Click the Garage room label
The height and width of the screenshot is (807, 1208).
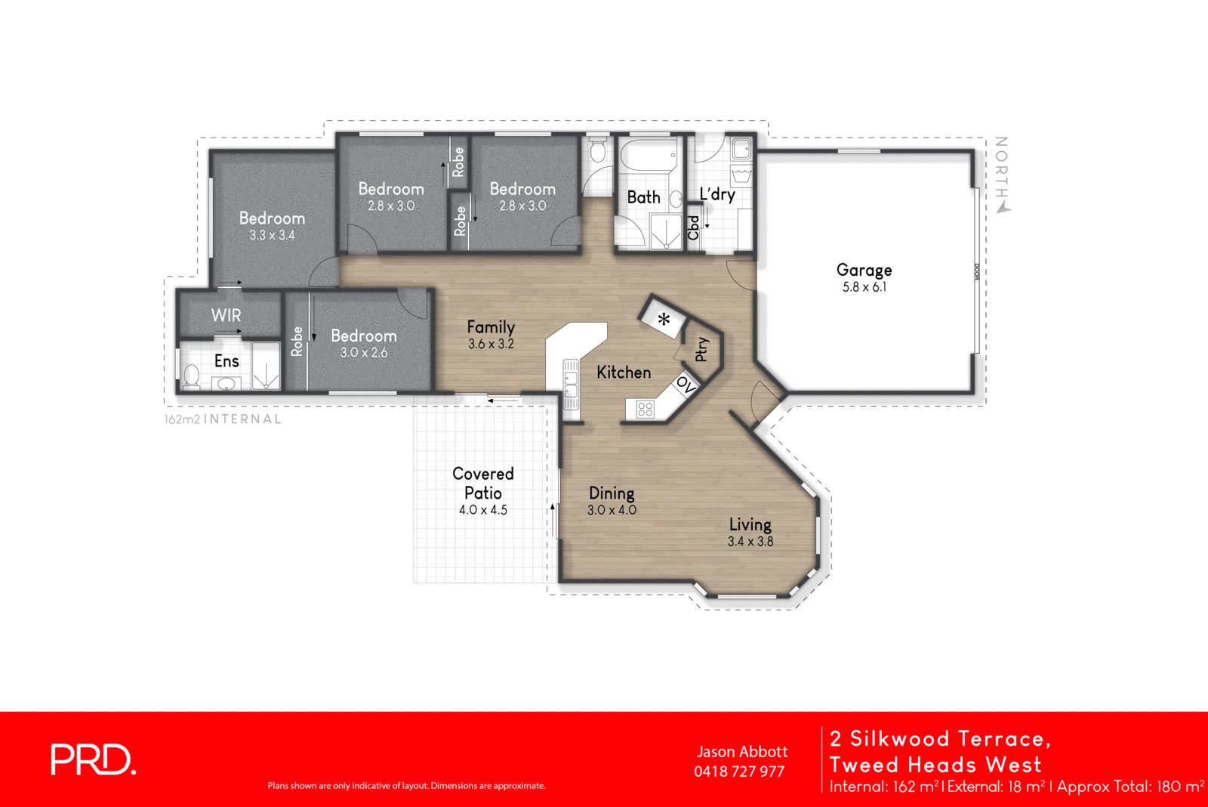pyautogui.click(x=864, y=270)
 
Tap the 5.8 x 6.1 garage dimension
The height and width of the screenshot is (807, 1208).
pyautogui.click(x=864, y=287)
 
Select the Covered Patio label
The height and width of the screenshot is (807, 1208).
pyautogui.click(x=483, y=483)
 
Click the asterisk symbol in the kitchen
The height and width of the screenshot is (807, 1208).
pyautogui.click(x=664, y=320)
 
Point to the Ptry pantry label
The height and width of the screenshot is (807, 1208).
pyautogui.click(x=701, y=349)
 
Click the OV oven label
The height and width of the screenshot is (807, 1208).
pyautogui.click(x=686, y=384)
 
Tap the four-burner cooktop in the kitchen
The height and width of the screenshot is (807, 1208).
pyautogui.click(x=645, y=410)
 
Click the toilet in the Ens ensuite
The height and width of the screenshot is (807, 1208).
pyautogui.click(x=192, y=376)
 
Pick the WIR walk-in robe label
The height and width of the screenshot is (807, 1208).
pyautogui.click(x=226, y=315)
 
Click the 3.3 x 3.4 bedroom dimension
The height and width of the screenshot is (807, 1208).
pyautogui.click(x=272, y=235)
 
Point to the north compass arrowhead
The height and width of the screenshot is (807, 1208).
pyautogui.click(x=1003, y=208)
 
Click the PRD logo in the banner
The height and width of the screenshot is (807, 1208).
pyautogui.click(x=93, y=759)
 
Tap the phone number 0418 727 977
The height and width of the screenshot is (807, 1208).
pyautogui.click(x=739, y=771)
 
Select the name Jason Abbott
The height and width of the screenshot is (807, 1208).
pyautogui.click(x=742, y=752)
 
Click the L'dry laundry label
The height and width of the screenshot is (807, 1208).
pyautogui.click(x=716, y=194)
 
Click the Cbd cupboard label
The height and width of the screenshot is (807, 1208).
pyautogui.click(x=693, y=227)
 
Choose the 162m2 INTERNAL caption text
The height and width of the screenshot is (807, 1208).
pyautogui.click(x=223, y=419)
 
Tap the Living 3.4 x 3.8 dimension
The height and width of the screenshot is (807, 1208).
pyautogui.click(x=750, y=541)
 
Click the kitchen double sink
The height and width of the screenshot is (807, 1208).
pyautogui.click(x=571, y=384)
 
